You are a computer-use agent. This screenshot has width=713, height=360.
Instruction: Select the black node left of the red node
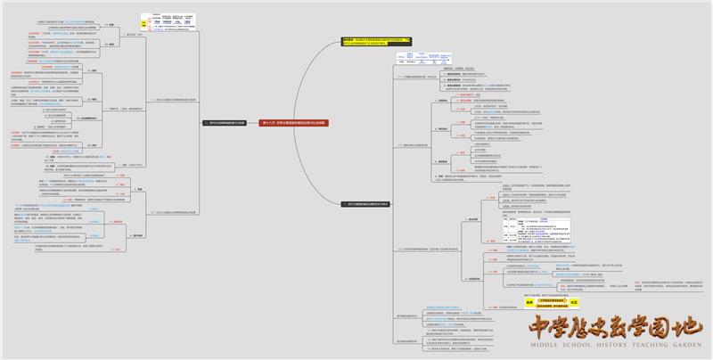pos(227,124)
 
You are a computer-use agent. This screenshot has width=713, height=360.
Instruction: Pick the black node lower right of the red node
pos(365,204)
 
